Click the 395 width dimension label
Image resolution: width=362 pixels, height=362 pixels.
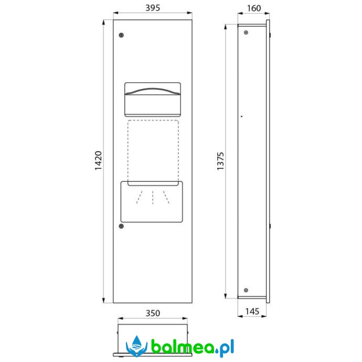click(x=153, y=8)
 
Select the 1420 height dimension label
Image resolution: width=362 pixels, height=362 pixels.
click(x=98, y=161)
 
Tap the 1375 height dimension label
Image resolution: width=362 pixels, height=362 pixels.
click(x=220, y=161)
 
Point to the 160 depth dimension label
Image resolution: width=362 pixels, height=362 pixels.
click(x=254, y=8)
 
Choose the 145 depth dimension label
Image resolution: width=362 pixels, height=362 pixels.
click(x=252, y=312)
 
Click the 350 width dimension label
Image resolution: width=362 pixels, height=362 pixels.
click(x=153, y=313)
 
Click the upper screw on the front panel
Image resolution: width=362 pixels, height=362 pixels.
click(x=121, y=35)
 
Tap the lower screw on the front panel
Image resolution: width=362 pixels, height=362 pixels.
click(x=121, y=226)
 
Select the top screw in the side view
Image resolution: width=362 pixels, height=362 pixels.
click(x=246, y=33)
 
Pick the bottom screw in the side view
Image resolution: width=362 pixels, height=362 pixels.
click(x=246, y=290)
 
